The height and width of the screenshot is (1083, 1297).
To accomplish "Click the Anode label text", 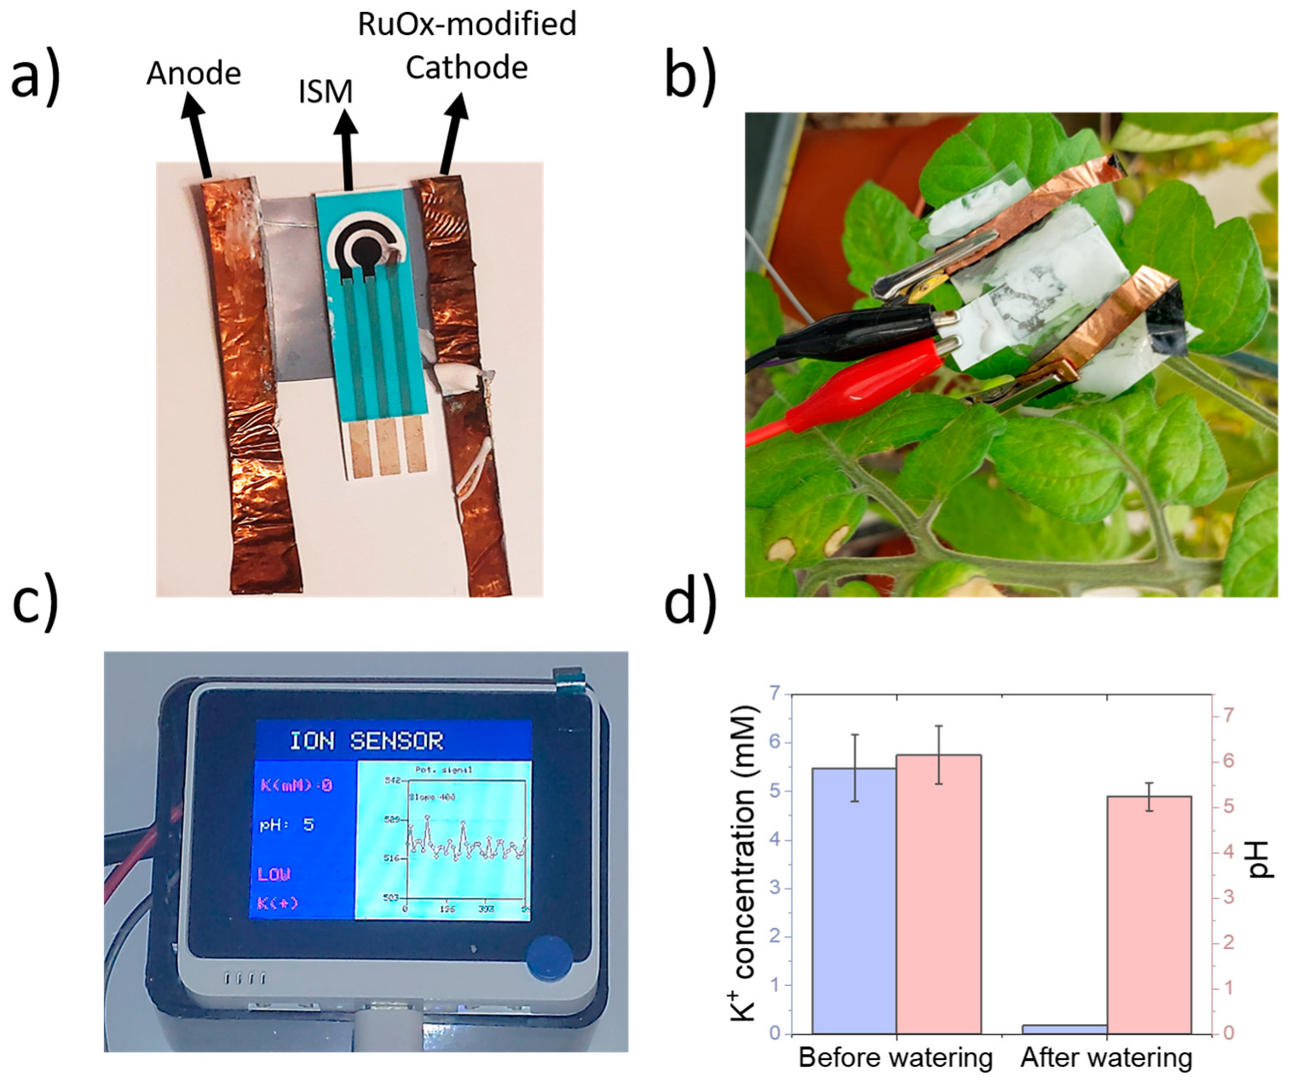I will pyautogui.click(x=193, y=73).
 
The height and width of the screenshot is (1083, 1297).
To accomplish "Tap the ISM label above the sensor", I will pyautogui.click(x=325, y=92).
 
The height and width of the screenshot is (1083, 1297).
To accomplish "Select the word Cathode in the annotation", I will pyautogui.click(x=466, y=67).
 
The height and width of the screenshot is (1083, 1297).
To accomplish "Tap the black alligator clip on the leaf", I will pyautogui.click(x=861, y=328).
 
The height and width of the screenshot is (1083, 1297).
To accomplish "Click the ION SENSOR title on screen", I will pyautogui.click(x=366, y=740).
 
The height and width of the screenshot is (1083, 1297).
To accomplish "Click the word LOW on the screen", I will pyautogui.click(x=274, y=874).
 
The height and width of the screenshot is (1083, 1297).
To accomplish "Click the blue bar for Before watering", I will pyautogui.click(x=854, y=901).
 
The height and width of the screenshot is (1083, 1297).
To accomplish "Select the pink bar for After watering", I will pyautogui.click(x=1149, y=914).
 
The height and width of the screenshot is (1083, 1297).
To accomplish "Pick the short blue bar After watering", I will pyautogui.click(x=1064, y=1029).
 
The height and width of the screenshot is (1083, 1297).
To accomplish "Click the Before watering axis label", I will pyautogui.click(x=896, y=1058).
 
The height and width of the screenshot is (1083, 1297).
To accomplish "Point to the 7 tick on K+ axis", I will pyautogui.click(x=775, y=694).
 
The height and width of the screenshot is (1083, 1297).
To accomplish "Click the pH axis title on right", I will pyautogui.click(x=1260, y=860).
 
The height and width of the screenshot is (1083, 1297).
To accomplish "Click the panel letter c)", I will pyautogui.click(x=35, y=600).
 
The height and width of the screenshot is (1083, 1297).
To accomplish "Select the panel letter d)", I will pyautogui.click(x=690, y=600).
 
